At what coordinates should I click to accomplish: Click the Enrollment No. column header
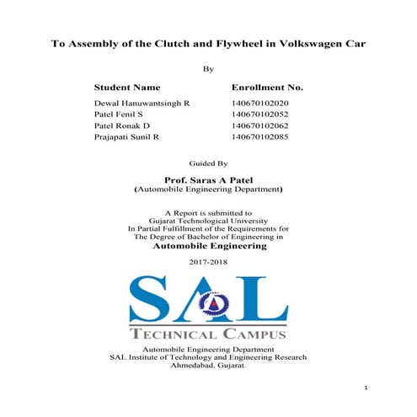pos(267,87)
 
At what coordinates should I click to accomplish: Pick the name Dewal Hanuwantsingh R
pos(142,101)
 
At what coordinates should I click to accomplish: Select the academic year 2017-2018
pos(209,262)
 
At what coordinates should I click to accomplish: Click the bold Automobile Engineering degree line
pos(209,247)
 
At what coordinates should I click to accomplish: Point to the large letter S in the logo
pos(152,299)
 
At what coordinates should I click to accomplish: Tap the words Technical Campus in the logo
pos(209,334)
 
